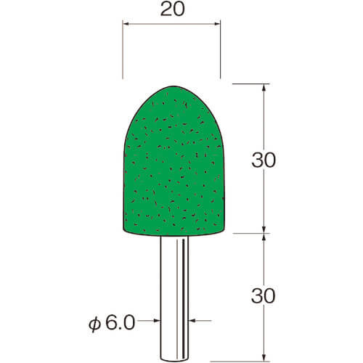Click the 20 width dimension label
pyautogui.click(x=173, y=9)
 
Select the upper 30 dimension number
pyautogui.click(x=264, y=160)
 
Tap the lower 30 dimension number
pyautogui.click(x=264, y=295)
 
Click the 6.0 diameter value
pyautogui.click(x=120, y=322)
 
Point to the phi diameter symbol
pyautogui.click(x=94, y=325)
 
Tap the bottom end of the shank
pyautogui.click(x=174, y=359)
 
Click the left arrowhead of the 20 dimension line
pyautogui.click(x=126, y=24)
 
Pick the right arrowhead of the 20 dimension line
pyautogui.click(x=217, y=24)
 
